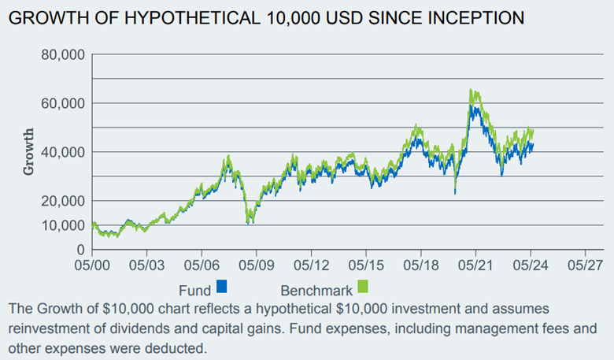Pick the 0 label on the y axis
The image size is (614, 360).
coord(80,250)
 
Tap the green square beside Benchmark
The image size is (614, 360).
coord(363,286)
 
